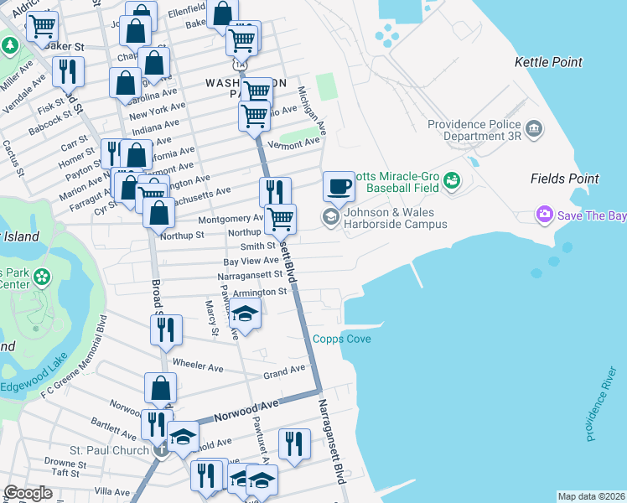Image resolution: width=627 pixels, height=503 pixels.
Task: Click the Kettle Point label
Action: tap(548, 62)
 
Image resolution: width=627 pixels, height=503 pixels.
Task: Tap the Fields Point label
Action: tap(564, 179)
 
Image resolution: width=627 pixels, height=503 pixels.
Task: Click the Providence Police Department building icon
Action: tap(533, 129)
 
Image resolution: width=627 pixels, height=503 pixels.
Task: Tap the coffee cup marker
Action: tap(339, 186)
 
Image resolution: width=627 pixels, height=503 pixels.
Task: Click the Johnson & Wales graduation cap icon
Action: tap(331, 217)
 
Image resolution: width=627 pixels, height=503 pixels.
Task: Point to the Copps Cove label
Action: tap(341, 339)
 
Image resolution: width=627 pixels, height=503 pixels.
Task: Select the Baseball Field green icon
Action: tap(452, 180)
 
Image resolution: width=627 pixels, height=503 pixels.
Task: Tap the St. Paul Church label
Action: tap(112, 449)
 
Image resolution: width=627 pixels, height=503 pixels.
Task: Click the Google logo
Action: tap(28, 493)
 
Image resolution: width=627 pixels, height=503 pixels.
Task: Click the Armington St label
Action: tap(260, 293)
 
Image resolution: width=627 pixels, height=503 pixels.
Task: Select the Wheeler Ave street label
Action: tap(197, 365)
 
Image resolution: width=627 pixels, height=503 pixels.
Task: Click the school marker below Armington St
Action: tap(244, 315)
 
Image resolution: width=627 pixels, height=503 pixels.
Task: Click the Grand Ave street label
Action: tap(285, 371)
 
